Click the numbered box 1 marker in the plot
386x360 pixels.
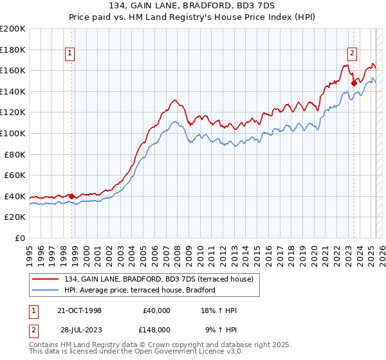click(x=69, y=54)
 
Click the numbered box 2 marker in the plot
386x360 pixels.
click(x=353, y=54)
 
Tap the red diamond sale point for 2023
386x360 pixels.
click(x=354, y=82)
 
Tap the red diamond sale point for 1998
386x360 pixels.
click(x=72, y=196)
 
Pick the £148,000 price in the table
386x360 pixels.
click(x=156, y=329)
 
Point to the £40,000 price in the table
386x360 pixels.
click(x=156, y=310)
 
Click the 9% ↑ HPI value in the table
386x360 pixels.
click(x=220, y=329)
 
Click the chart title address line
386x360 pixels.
click(x=193, y=7)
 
